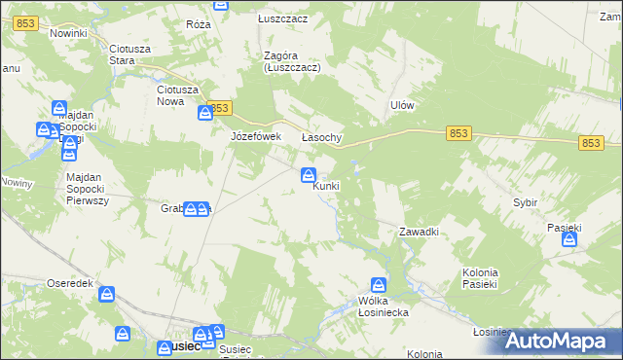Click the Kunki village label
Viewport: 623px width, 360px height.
(x=326, y=186)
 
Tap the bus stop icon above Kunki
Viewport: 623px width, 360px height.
(x=308, y=175)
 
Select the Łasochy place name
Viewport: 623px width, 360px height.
(x=321, y=137)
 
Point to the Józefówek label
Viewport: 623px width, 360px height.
(x=255, y=136)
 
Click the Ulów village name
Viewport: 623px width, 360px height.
(x=402, y=105)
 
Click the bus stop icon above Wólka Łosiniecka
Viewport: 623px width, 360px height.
(x=380, y=285)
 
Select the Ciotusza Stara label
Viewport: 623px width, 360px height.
(x=135, y=54)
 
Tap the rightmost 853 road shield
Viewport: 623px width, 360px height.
(x=591, y=143)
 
